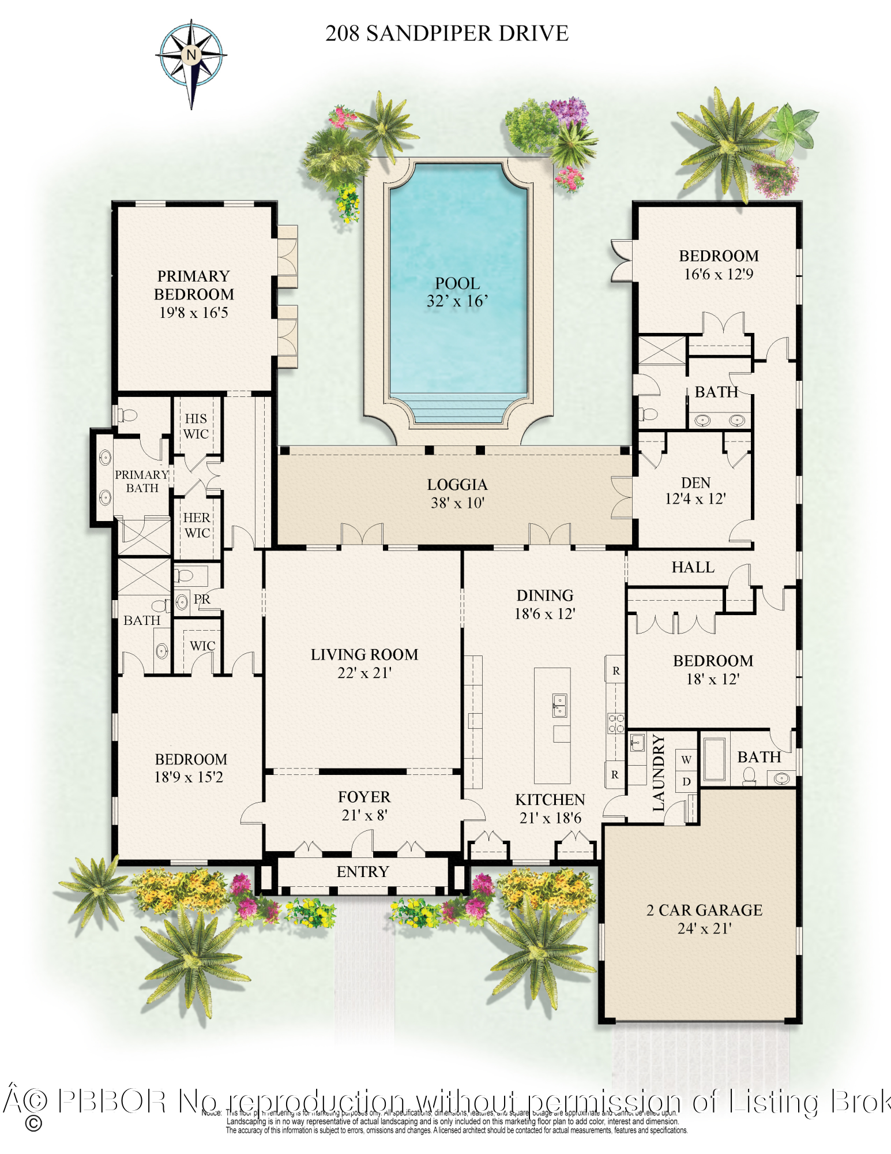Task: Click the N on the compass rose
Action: point(191,55)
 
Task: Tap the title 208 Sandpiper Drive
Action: point(446,33)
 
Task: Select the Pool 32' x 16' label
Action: point(457,292)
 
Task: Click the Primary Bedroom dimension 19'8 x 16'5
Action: point(194,313)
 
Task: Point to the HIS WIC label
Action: point(196,426)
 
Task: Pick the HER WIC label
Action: point(197,525)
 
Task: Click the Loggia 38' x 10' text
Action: point(457,493)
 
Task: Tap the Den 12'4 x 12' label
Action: point(695,490)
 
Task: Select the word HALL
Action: point(693,567)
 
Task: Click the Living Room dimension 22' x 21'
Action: point(364,673)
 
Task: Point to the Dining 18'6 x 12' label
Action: point(545,604)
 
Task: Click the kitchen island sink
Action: point(559,705)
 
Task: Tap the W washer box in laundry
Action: point(686,759)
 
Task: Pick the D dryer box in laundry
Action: point(686,782)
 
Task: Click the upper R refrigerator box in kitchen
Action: point(615,671)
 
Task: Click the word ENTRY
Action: point(363,871)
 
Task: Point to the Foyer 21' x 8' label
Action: point(364,805)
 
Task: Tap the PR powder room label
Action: point(202,599)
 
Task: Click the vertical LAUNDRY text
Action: point(659,773)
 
